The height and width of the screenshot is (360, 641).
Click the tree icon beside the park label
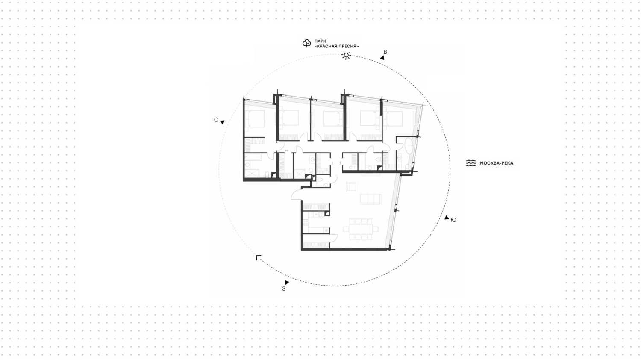(x=306, y=43)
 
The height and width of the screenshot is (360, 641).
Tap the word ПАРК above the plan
(x=320, y=41)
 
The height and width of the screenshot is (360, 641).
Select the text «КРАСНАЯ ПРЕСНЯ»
(x=337, y=47)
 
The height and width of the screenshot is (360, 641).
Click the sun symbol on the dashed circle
(x=346, y=55)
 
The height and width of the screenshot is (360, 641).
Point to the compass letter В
(x=385, y=52)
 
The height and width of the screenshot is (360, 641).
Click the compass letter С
(x=216, y=120)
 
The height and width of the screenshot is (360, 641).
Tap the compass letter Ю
(x=453, y=220)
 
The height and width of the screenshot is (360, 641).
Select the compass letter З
(x=284, y=289)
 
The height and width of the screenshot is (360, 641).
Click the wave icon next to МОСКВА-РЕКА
(x=471, y=163)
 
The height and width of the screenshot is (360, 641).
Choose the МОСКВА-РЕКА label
(x=497, y=163)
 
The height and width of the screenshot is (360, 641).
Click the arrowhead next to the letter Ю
(x=447, y=218)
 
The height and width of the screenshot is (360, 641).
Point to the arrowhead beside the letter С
(x=222, y=122)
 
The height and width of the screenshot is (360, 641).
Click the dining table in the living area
(x=361, y=229)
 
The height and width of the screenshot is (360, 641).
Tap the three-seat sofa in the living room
(x=370, y=199)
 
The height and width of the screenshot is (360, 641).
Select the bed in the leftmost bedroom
(x=255, y=119)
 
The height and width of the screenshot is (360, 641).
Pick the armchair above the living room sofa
(x=351, y=187)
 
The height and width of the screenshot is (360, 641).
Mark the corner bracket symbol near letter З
(x=259, y=258)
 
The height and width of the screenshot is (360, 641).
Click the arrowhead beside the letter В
(x=382, y=58)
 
